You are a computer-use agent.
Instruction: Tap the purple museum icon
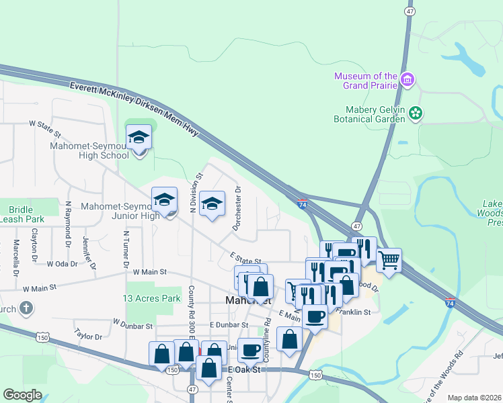407,81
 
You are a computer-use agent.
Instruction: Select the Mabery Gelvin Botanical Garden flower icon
416,113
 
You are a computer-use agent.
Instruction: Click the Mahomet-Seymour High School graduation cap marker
139,138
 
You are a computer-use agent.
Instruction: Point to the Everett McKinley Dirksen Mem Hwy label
134,107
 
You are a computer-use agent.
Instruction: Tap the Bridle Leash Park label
22,214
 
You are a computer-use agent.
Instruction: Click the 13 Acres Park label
152,298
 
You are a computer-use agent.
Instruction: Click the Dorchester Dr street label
237,209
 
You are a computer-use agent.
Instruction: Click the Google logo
22,395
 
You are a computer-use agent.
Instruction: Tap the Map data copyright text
475,398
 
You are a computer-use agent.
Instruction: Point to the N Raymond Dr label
68,221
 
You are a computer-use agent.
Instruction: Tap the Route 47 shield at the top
410,11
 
